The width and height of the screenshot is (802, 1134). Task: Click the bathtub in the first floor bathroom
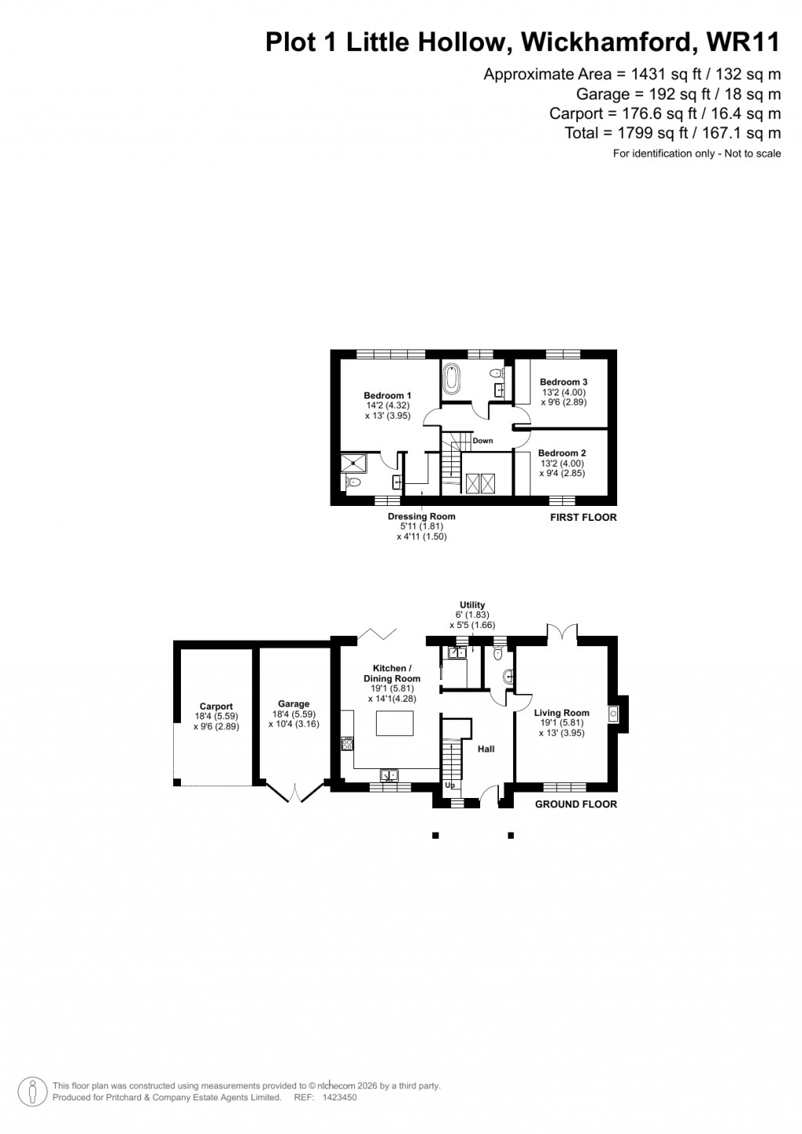(x=452, y=380)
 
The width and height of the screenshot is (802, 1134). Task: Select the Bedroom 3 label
(x=563, y=382)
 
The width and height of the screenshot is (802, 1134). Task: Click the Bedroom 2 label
(x=562, y=453)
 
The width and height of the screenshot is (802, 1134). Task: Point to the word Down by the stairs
(x=483, y=441)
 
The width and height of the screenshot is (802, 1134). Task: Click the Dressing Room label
(x=421, y=517)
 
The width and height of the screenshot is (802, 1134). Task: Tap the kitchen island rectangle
(x=394, y=723)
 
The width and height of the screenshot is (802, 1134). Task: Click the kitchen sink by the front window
(x=389, y=775)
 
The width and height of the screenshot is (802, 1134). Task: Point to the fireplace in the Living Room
(x=614, y=713)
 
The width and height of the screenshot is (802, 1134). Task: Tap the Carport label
(x=216, y=706)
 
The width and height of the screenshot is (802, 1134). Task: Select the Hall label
(x=486, y=749)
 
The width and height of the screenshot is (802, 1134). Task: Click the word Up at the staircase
(x=450, y=785)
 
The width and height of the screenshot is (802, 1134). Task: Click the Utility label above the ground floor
(x=472, y=605)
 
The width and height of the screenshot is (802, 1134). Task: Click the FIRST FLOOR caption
(x=583, y=518)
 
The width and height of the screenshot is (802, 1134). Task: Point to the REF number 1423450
(x=341, y=1098)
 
